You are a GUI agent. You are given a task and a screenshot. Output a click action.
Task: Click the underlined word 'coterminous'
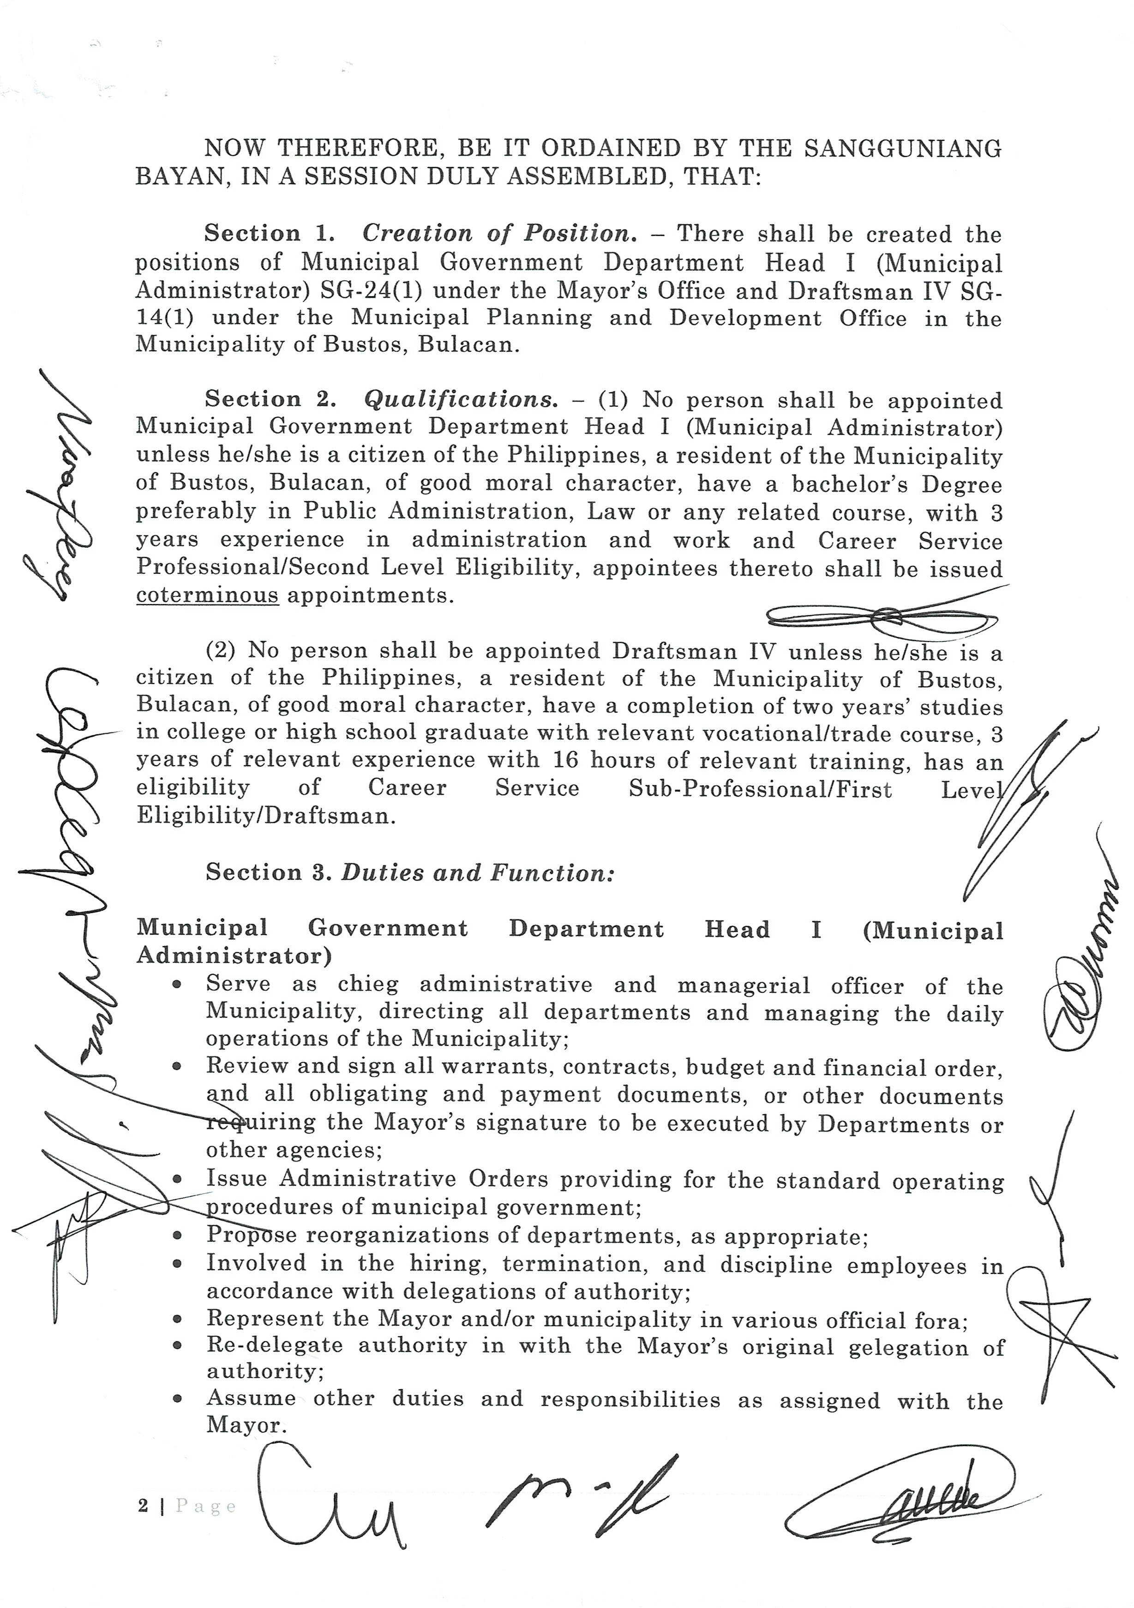[x=207, y=596]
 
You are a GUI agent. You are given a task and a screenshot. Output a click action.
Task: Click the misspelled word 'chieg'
[x=368, y=984]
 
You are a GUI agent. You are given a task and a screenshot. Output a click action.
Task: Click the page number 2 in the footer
[x=143, y=1506]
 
